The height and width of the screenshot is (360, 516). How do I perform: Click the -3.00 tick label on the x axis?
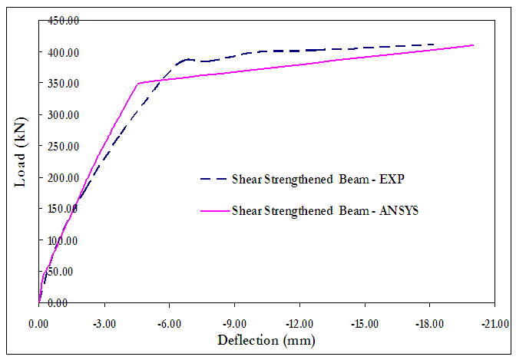coord(104,325)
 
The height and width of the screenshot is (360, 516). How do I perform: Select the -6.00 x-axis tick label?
coord(169,325)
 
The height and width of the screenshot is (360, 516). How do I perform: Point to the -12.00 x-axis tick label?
coord(299,325)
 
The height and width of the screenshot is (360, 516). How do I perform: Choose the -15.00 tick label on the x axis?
coord(365,325)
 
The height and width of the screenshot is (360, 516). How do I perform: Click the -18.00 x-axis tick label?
coord(430,325)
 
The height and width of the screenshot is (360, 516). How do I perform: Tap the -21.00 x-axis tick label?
coord(495,325)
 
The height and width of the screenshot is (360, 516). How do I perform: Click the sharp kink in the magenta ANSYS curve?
coord(137,84)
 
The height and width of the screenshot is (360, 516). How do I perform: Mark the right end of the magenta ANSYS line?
coord(474,45)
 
